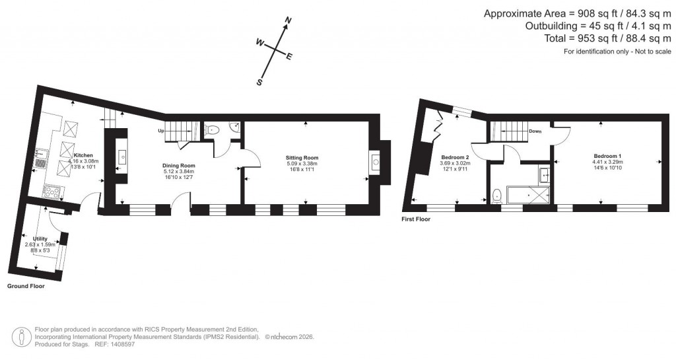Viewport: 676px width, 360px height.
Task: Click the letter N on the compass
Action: click(x=287, y=22)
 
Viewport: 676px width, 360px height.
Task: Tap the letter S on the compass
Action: click(x=260, y=83)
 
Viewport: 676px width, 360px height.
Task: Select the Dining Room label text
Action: click(x=179, y=165)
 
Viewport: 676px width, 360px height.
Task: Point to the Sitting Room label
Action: click(x=302, y=158)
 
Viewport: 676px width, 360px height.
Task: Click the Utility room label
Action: click(x=41, y=238)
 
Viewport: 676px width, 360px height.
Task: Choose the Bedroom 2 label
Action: click(x=454, y=157)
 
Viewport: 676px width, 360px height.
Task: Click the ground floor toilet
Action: click(x=212, y=130)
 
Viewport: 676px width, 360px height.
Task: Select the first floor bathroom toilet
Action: click(x=496, y=196)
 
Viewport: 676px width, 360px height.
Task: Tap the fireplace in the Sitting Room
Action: click(x=375, y=161)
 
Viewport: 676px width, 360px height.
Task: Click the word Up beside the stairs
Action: click(x=160, y=131)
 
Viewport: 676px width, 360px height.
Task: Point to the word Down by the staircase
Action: click(x=535, y=131)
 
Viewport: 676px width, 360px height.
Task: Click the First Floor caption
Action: click(x=416, y=219)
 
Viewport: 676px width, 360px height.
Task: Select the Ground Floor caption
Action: click(x=26, y=287)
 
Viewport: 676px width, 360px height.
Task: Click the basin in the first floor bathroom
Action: click(x=544, y=174)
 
